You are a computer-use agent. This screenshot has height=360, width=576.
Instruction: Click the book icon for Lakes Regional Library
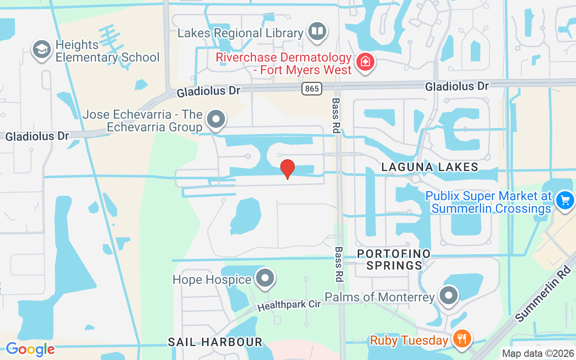pyautogui.click(x=317, y=31)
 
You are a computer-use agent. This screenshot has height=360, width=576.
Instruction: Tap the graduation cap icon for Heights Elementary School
pyautogui.click(x=42, y=50)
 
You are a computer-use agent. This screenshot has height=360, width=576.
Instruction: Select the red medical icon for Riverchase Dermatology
pyautogui.click(x=366, y=63)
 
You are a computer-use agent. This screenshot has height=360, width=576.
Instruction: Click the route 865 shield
pyautogui.click(x=312, y=89)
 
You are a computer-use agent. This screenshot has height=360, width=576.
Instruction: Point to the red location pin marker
pyautogui.click(x=288, y=169)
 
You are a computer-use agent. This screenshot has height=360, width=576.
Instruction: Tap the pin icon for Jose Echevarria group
pyautogui.click(x=216, y=120)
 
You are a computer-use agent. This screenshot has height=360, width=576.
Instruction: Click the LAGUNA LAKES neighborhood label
pyautogui.click(x=429, y=167)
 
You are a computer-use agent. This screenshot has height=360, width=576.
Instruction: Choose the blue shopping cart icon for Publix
pyautogui.click(x=565, y=200)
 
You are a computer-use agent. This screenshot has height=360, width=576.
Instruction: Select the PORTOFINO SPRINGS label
pyautogui.click(x=394, y=260)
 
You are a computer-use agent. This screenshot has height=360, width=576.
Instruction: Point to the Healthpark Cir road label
pyautogui.click(x=289, y=305)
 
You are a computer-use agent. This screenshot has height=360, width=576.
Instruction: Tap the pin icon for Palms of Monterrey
pyautogui.click(x=448, y=296)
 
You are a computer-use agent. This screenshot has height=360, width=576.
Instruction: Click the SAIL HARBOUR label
pyautogui.click(x=215, y=342)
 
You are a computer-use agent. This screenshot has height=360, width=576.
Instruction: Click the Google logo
pyautogui.click(x=30, y=349)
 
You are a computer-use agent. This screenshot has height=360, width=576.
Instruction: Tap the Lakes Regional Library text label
pyautogui.click(x=240, y=33)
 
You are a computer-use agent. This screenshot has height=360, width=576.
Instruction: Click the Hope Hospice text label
pyautogui.click(x=212, y=279)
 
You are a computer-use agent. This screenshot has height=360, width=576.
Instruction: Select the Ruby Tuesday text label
pyautogui.click(x=409, y=340)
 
